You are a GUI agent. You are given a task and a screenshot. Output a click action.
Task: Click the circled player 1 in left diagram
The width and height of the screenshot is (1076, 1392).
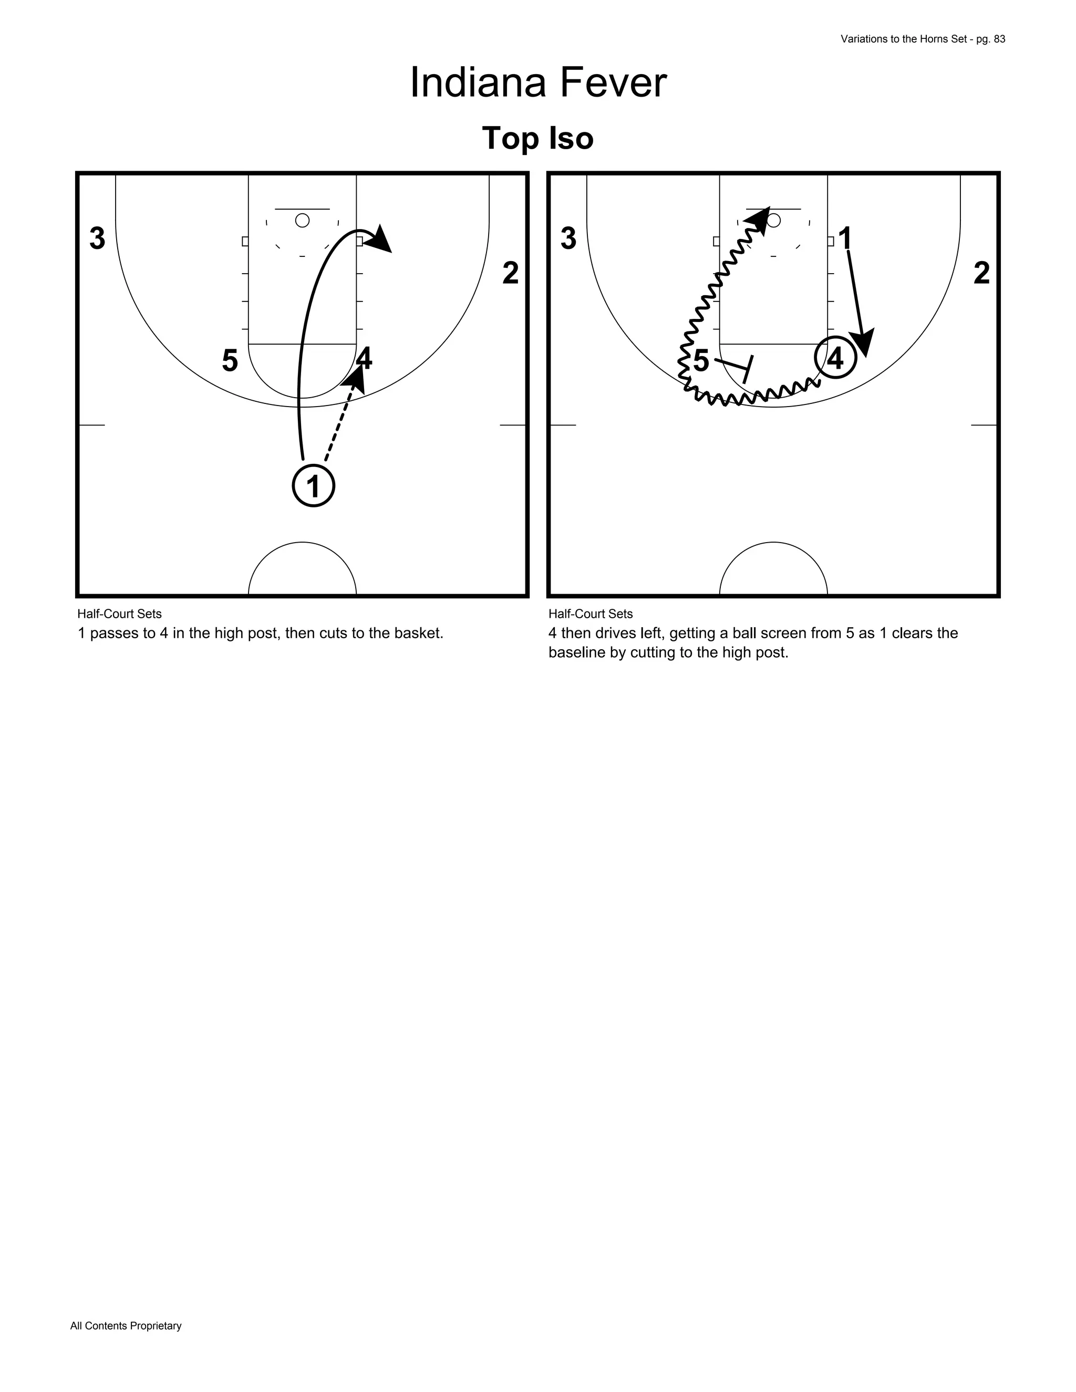[x=313, y=486]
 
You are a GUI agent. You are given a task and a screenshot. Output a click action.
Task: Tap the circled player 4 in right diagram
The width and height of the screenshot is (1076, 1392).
[x=834, y=358]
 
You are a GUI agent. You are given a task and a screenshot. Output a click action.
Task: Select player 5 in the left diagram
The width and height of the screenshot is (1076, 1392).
[x=230, y=361]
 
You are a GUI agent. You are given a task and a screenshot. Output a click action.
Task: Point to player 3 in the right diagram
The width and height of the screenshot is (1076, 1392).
[x=568, y=239]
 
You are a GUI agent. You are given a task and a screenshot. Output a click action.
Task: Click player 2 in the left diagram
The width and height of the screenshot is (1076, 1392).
[x=510, y=274]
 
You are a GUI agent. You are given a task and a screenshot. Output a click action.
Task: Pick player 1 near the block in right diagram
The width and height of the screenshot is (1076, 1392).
[x=845, y=239]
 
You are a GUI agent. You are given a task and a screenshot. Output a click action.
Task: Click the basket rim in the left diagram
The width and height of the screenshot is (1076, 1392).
[x=302, y=221]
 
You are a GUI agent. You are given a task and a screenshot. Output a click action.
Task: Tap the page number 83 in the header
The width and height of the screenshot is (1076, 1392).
[x=999, y=39]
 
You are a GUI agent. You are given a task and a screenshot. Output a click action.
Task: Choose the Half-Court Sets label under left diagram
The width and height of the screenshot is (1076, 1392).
[x=119, y=614]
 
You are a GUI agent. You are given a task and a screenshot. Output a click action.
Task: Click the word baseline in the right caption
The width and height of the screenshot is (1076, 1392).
[x=576, y=652]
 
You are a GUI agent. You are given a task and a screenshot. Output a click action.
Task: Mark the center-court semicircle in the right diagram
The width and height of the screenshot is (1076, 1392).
[x=773, y=569]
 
